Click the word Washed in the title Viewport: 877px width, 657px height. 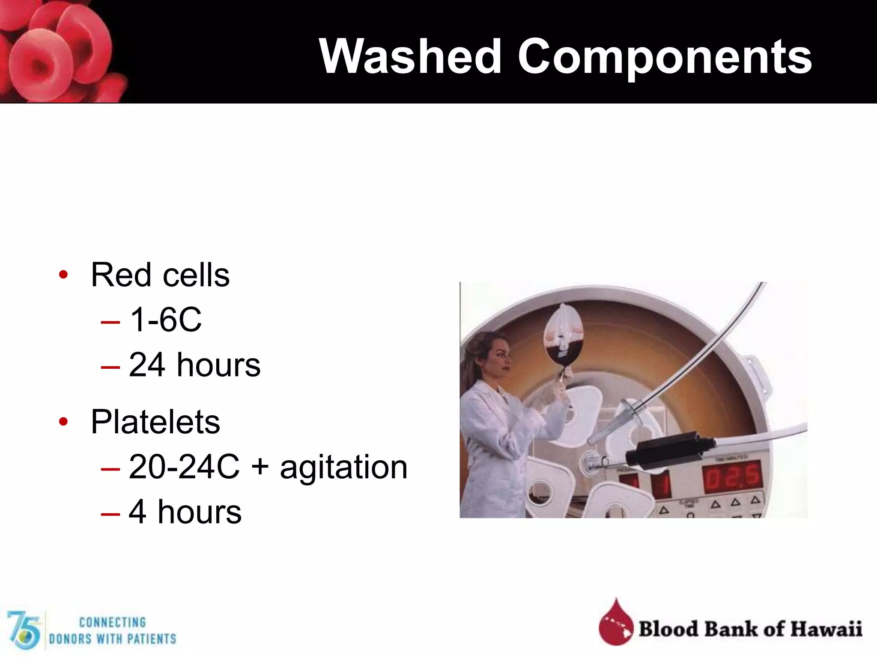[x=410, y=56]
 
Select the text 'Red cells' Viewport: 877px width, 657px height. [x=160, y=275]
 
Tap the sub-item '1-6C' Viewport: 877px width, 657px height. [x=165, y=320]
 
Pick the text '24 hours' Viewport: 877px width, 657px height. [x=194, y=365]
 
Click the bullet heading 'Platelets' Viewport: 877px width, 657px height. [x=155, y=422]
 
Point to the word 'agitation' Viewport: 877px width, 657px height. [x=343, y=467]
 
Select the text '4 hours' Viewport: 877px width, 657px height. [x=185, y=512]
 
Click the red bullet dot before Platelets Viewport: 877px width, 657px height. [x=63, y=422]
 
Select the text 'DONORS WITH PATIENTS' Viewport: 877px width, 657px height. [x=113, y=639]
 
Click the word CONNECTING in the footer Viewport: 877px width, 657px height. [x=113, y=622]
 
